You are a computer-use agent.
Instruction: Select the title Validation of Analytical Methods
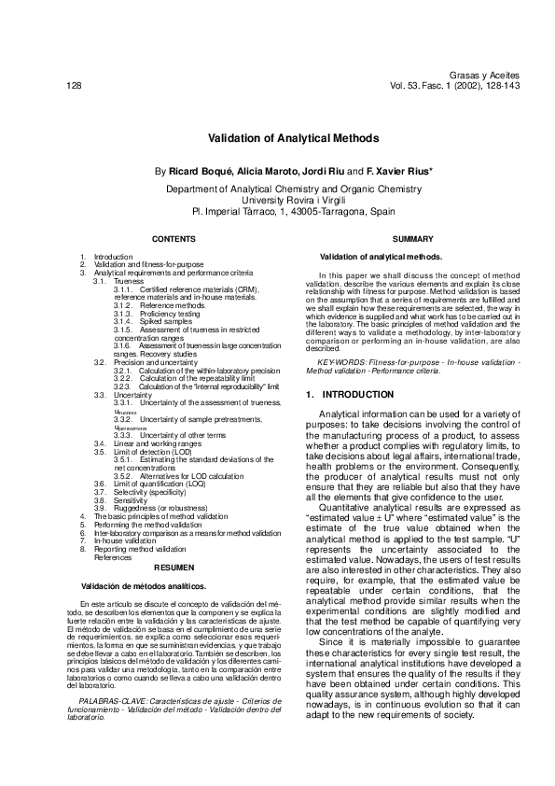(279, 137)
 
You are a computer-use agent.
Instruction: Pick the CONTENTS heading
(173, 240)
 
